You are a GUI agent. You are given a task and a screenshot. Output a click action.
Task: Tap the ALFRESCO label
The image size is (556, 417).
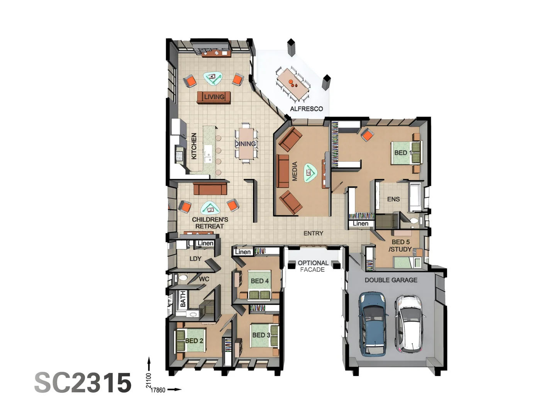coord(306,109)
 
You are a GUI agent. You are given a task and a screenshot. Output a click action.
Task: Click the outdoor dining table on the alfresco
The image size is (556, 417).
coord(293,82)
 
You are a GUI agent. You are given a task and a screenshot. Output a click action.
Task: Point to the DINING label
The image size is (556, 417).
coord(246,144)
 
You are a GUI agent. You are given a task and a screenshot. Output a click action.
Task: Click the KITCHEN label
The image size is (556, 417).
coord(194,146)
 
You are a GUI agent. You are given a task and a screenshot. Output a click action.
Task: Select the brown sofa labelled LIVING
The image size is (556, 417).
coord(214,97)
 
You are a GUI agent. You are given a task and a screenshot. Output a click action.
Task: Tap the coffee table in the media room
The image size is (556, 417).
coord(310,173)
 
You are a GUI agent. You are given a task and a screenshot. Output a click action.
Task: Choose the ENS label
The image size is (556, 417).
coord(393,199)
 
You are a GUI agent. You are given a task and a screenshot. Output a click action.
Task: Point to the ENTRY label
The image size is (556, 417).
coord(313,233)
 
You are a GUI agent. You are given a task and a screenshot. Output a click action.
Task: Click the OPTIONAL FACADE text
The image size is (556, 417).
coord(313,266)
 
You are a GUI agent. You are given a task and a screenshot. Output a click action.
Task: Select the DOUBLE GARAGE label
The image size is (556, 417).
coord(391,280)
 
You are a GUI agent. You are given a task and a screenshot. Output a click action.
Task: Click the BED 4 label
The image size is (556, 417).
coord(259,281)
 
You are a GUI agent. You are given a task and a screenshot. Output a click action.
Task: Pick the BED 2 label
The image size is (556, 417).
coord(194,341)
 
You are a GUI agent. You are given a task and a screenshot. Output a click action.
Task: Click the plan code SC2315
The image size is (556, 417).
coord(83,383)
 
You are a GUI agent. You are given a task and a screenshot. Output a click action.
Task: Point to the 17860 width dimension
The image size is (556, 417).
coord(158,390)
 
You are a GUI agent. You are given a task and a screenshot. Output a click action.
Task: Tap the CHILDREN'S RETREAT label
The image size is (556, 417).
coord(210,223)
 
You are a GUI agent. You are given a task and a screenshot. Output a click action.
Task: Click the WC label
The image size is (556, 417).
coord(204,279)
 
